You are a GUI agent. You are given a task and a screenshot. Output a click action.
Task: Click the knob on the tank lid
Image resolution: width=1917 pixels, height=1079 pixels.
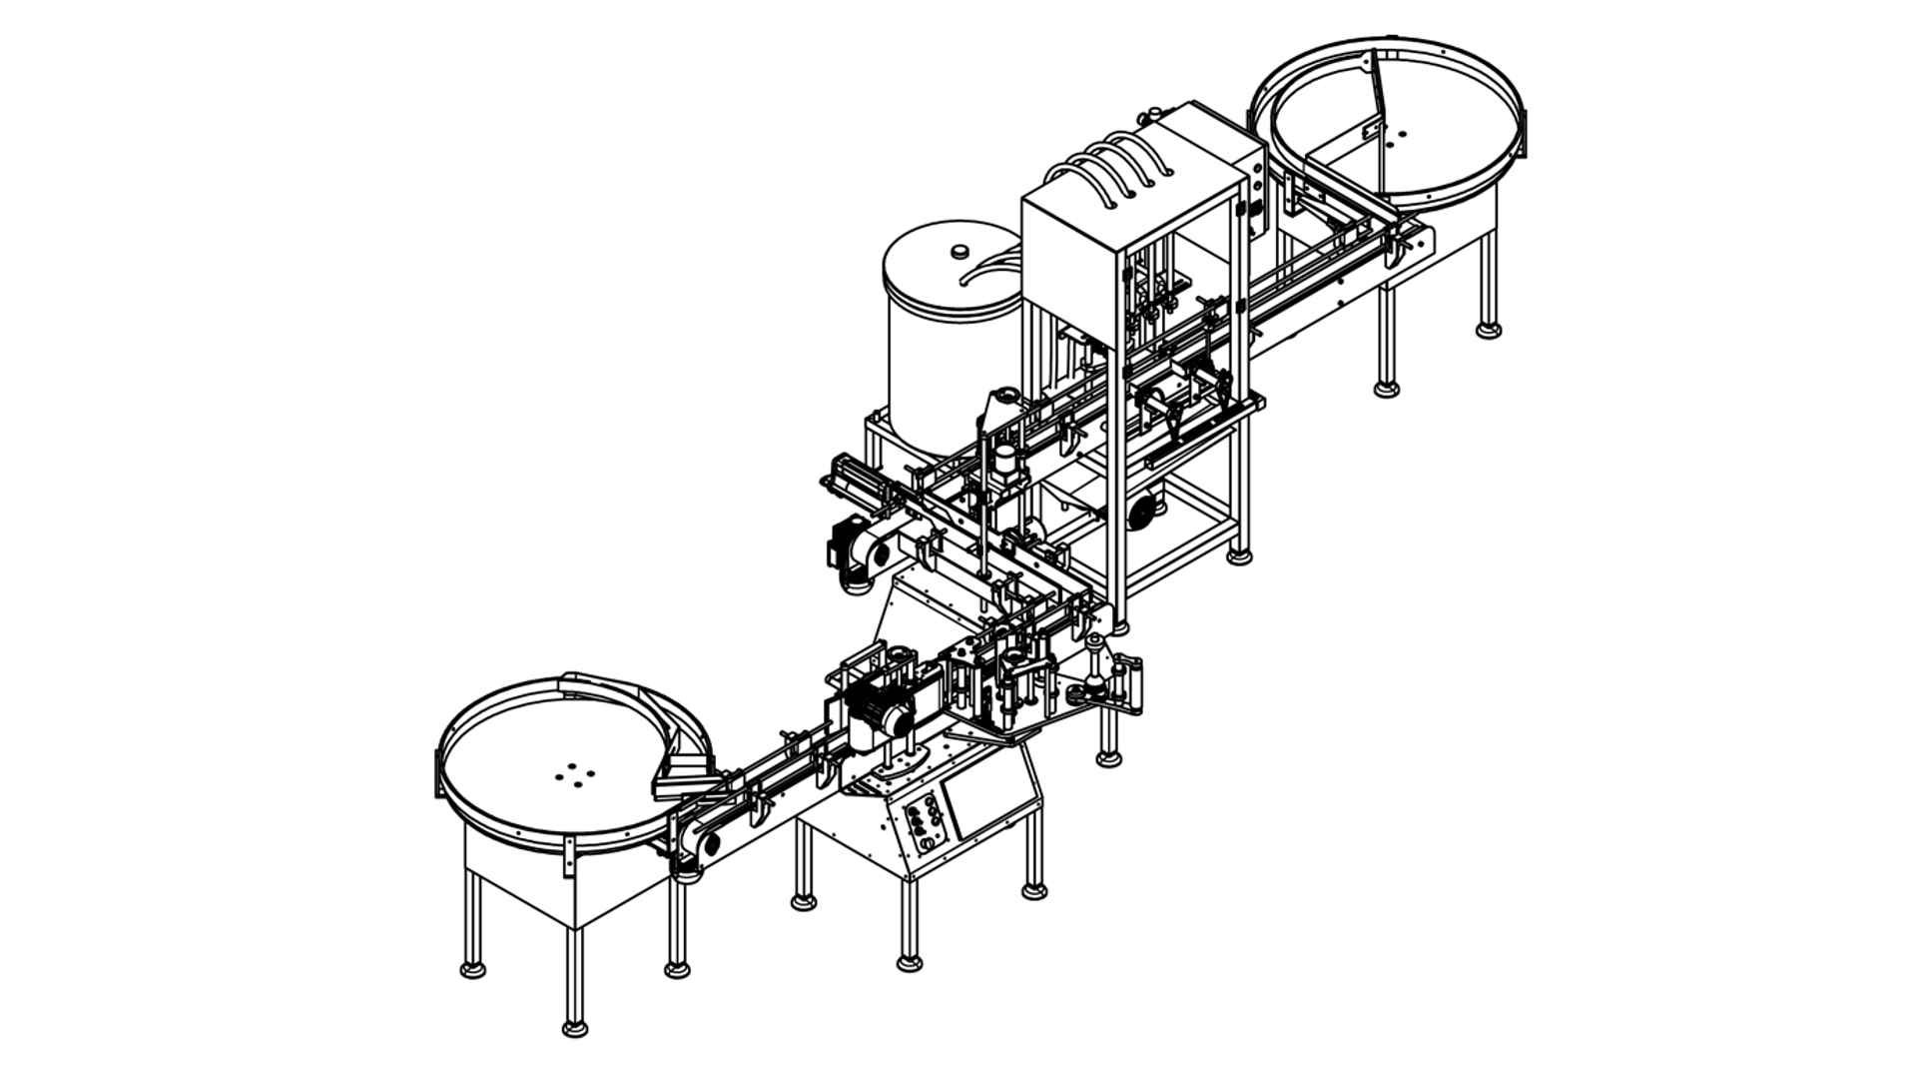point(959,251)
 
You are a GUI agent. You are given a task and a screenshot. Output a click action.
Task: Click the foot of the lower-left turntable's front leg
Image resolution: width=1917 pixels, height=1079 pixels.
point(574,1027)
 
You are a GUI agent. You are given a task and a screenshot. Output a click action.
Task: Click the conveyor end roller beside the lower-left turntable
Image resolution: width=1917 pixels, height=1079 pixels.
point(710,845)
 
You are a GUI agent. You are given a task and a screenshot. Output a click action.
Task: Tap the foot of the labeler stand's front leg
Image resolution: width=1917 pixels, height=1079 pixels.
point(909,963)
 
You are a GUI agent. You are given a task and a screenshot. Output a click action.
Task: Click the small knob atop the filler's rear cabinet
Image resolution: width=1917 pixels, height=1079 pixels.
point(1156,110)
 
